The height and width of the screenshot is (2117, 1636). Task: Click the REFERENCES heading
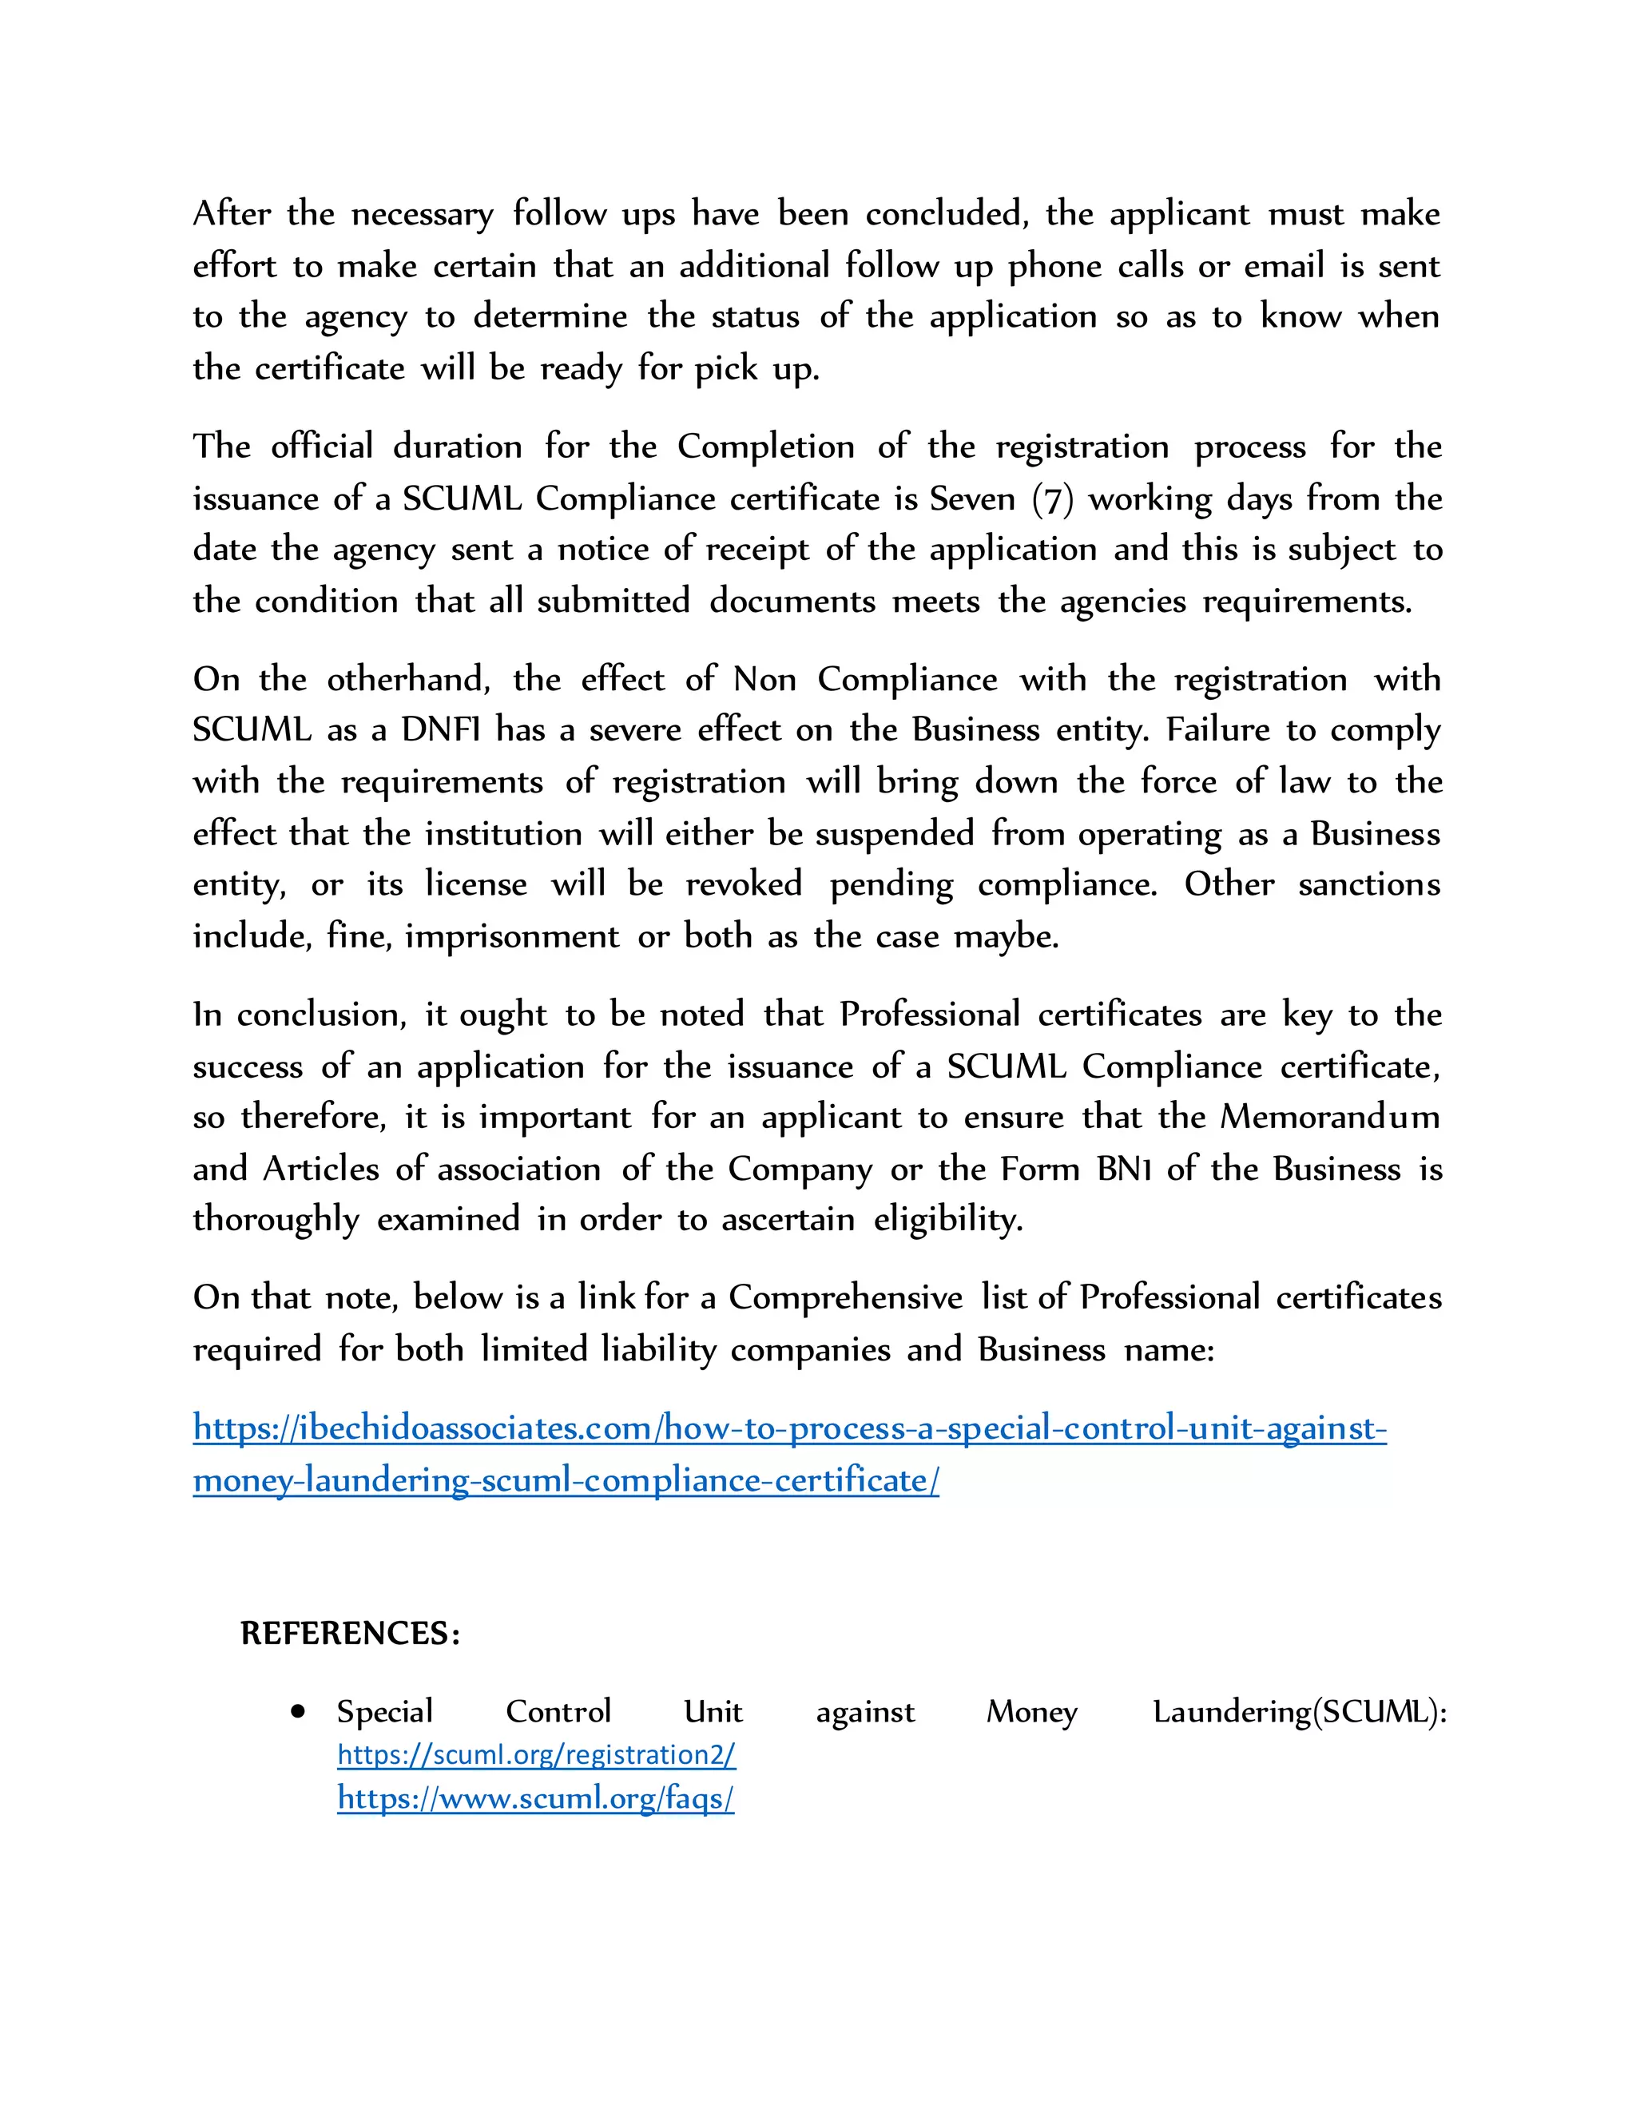[x=350, y=1634]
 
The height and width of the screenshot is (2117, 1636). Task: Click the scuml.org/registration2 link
[x=536, y=1754]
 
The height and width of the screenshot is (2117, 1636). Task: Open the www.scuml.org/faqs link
[x=535, y=1798]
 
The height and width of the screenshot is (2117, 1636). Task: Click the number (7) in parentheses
[x=1053, y=499]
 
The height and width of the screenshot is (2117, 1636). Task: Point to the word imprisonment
[x=512, y=936]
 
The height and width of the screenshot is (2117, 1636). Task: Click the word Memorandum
[x=1330, y=1117]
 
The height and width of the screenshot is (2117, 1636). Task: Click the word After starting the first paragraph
[x=232, y=213]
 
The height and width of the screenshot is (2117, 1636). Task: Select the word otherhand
[x=408, y=680]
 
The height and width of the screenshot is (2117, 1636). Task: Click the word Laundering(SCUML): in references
[x=1299, y=1712]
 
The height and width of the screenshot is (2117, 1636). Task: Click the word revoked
[x=744, y=884]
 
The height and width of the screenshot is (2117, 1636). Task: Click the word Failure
[x=1217, y=730]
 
